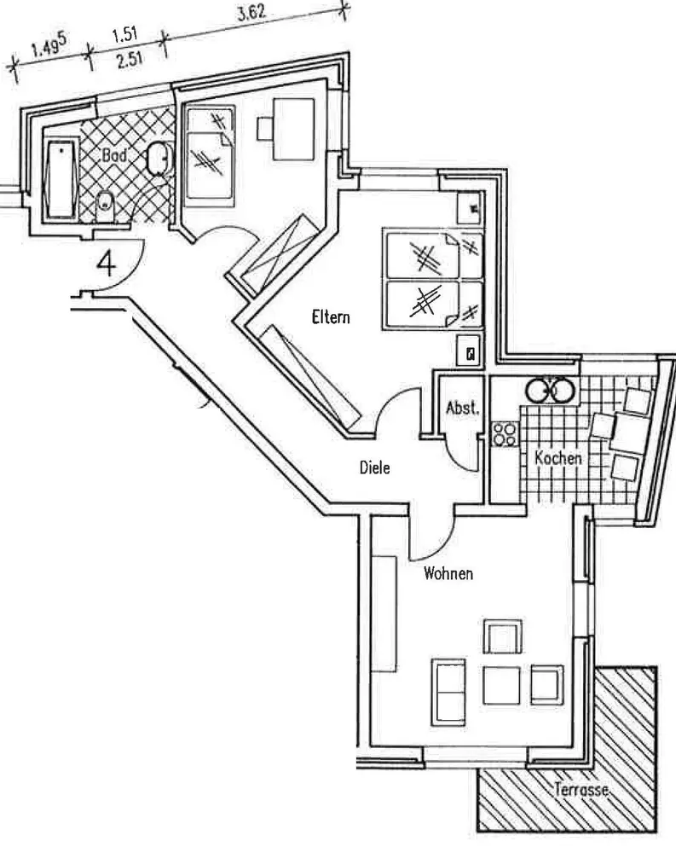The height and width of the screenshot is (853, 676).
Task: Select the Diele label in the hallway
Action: tap(374, 467)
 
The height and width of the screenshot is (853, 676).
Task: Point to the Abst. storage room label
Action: tap(463, 409)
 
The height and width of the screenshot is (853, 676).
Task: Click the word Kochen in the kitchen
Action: tap(558, 458)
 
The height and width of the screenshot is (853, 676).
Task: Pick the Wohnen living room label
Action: tap(448, 573)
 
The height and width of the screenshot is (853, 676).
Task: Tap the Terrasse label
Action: tap(581, 790)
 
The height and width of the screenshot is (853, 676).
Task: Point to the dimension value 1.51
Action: tap(124, 38)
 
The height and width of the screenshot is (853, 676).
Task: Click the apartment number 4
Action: tap(107, 262)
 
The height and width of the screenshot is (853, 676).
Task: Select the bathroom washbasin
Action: tap(158, 157)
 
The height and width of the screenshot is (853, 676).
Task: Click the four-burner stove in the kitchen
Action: tap(503, 432)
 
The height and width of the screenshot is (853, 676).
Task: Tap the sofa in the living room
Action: tap(448, 689)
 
